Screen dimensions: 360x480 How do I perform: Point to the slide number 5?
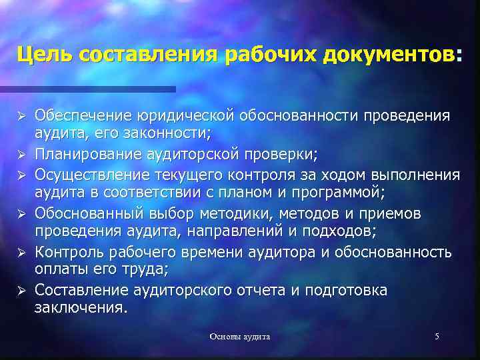437,337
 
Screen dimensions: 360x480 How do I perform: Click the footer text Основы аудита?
240,337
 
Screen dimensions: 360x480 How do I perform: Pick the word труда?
145,271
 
